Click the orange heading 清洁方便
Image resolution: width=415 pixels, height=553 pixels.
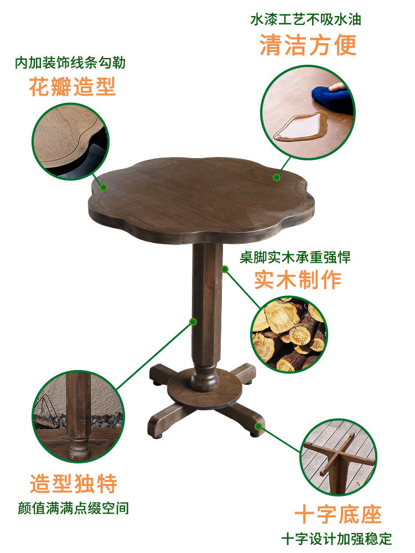(x=308, y=45)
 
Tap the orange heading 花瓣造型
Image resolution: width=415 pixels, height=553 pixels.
(x=72, y=87)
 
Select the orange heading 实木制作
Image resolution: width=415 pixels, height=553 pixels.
(x=298, y=280)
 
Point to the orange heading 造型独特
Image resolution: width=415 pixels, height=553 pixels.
(x=74, y=483)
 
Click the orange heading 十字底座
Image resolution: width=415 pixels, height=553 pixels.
(x=338, y=514)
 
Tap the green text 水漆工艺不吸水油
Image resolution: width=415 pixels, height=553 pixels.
(x=306, y=20)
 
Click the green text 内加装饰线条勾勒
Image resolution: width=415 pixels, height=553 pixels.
(x=70, y=63)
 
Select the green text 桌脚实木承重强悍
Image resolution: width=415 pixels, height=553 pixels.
(x=295, y=257)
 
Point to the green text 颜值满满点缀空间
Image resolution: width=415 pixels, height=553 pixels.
(x=74, y=508)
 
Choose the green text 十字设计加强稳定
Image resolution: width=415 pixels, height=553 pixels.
(x=336, y=539)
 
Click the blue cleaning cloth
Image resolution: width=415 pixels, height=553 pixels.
(x=331, y=98)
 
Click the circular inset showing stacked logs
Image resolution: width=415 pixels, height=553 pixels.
(x=289, y=335)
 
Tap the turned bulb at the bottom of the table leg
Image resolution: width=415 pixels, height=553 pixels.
(x=205, y=380)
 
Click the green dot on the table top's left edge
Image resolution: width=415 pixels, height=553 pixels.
(x=103, y=187)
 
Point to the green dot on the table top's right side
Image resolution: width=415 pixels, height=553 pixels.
(x=276, y=177)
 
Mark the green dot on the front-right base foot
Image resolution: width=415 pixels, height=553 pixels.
(x=258, y=426)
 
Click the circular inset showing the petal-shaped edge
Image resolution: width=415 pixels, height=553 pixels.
(x=70, y=141)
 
